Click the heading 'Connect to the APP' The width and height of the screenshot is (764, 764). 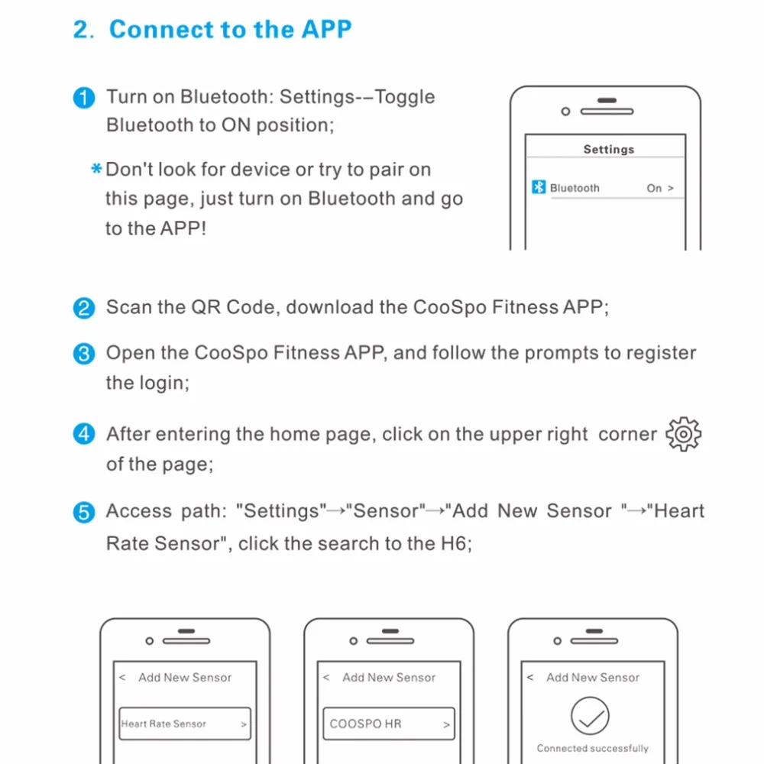coord(230,30)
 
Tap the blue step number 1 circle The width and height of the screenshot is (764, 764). coord(83,99)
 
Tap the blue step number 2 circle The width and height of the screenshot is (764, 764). coord(83,309)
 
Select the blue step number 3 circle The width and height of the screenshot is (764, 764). coord(83,354)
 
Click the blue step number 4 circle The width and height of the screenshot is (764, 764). coord(83,435)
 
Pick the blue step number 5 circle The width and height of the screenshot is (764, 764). coord(83,513)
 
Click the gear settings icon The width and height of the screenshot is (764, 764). coord(683,435)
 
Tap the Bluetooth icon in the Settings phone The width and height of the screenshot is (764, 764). coord(539,187)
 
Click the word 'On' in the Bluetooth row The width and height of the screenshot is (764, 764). coord(654,188)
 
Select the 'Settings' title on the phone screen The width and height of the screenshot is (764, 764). coord(609,149)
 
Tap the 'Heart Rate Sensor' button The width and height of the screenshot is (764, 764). coord(185,724)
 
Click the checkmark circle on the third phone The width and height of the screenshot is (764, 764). coord(589,717)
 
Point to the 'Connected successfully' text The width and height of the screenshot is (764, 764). coord(593,748)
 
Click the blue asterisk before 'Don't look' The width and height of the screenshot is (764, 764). coord(96,169)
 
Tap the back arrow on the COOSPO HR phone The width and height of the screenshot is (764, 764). coord(327,678)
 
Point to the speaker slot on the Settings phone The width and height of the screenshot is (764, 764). coord(607,111)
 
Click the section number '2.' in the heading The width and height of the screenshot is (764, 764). coord(83,31)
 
